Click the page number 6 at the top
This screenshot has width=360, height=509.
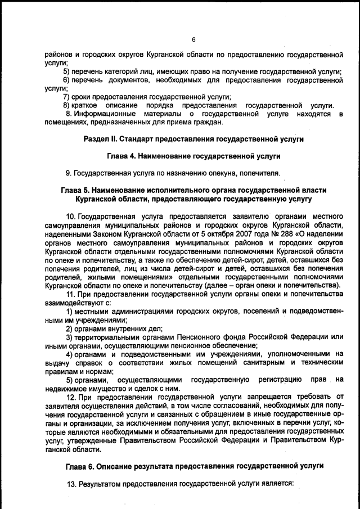(x=193, y=39)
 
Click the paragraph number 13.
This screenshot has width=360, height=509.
(x=71, y=483)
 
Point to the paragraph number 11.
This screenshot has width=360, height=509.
(x=70, y=294)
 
